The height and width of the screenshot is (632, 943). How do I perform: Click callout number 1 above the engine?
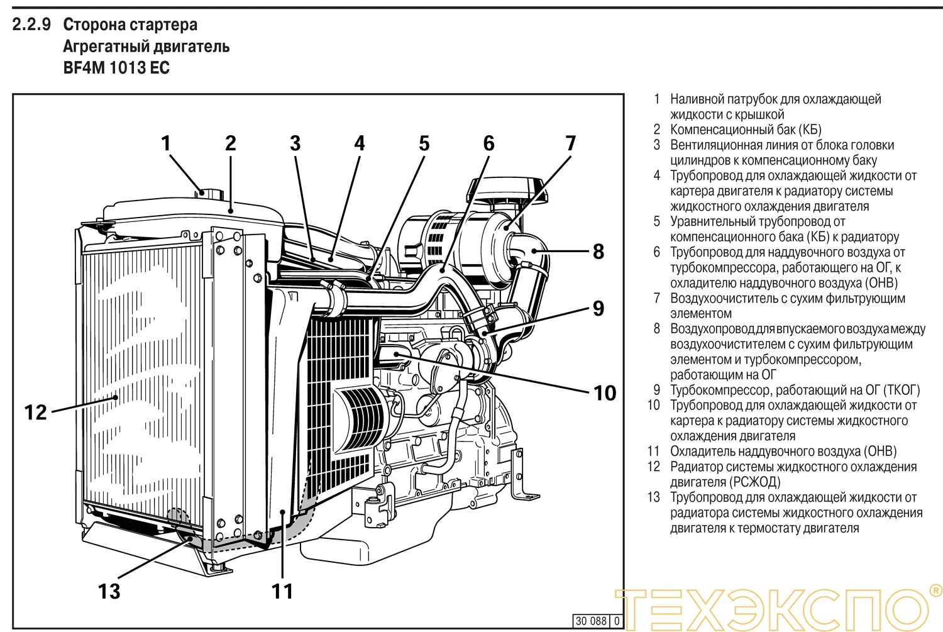tap(166, 143)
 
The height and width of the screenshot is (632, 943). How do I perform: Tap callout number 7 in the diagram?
tap(570, 143)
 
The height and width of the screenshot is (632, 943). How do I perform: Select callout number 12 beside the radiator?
tap(36, 413)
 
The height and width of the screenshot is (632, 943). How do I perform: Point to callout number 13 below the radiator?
tap(109, 591)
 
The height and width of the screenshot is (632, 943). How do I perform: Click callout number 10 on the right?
tap(605, 393)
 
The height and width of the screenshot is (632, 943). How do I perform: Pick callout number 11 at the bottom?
tap(282, 591)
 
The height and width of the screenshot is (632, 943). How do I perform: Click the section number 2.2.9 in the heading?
tap(31, 25)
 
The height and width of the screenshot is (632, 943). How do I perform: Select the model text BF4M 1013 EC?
tap(116, 68)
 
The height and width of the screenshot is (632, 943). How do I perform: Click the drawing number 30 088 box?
tap(592, 621)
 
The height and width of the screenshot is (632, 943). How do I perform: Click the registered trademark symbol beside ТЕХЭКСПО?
tap(935, 590)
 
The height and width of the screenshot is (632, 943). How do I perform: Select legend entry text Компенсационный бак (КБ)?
tap(746, 130)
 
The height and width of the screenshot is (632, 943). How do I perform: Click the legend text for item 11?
tap(783, 451)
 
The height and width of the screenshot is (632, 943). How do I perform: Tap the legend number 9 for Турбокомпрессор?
tap(657, 390)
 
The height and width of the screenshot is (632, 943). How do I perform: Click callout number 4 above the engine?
tap(360, 143)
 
